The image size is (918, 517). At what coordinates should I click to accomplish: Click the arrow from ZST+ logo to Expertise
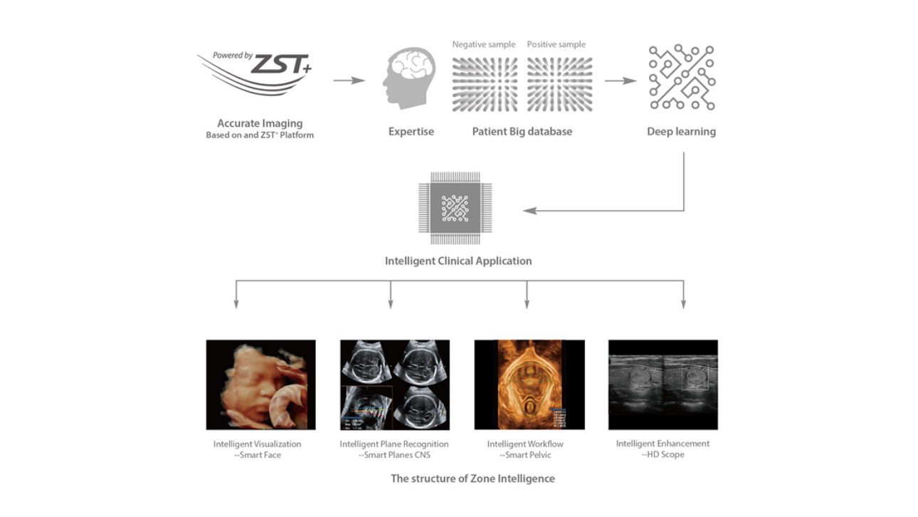pyautogui.click(x=348, y=80)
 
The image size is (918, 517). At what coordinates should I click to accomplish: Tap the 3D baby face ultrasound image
pyautogui.click(x=260, y=385)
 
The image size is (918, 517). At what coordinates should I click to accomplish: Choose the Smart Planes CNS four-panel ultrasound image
pyautogui.click(x=394, y=385)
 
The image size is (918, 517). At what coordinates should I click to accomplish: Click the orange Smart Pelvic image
pyautogui.click(x=529, y=385)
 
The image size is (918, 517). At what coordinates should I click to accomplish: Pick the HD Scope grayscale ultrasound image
pyautogui.click(x=663, y=385)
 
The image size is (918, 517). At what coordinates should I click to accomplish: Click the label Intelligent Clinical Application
pyautogui.click(x=458, y=261)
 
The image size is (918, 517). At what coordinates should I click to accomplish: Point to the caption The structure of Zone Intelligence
pyautogui.click(x=473, y=479)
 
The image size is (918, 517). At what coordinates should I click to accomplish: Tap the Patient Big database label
pyautogui.click(x=522, y=132)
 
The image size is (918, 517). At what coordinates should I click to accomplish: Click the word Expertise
pyautogui.click(x=411, y=132)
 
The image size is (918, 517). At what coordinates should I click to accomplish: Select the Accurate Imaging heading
pyautogui.click(x=260, y=124)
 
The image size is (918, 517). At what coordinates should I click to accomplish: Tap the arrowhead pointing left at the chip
pyautogui.click(x=527, y=211)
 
